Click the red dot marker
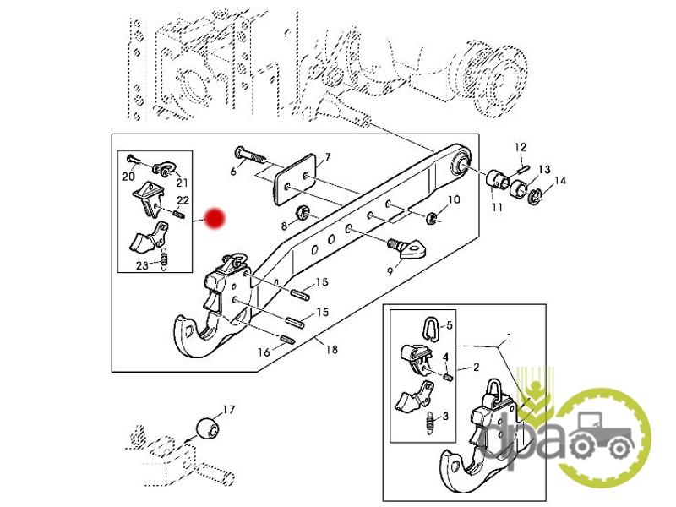[x=215, y=219]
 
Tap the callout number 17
[x=228, y=409]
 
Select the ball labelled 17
[x=208, y=427]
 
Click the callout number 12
[x=521, y=147]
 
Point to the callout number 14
[x=559, y=181]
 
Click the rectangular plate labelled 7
[x=295, y=179]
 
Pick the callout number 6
[x=233, y=172]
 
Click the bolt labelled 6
[x=250, y=155]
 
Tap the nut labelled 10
[x=431, y=218]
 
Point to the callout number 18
[x=331, y=349]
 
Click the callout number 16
[x=264, y=352]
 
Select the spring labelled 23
[x=163, y=259]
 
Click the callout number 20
[x=128, y=176]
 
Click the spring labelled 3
[x=429, y=423]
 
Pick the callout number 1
[x=510, y=338]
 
